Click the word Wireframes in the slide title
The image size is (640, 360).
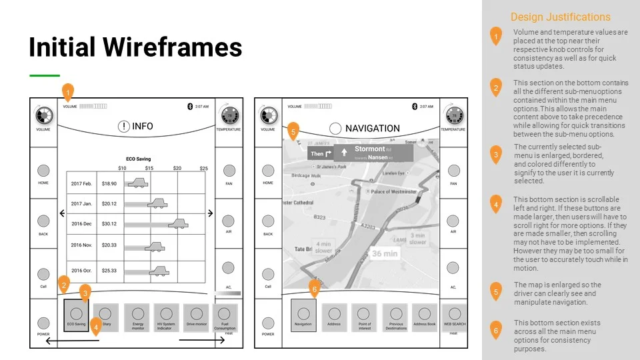pyautogui.click(x=177, y=47)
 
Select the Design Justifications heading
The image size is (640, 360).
pyautogui.click(x=560, y=17)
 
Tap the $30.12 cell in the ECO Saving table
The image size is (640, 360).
pyautogui.click(x=109, y=224)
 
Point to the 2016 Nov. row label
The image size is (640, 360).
pyautogui.click(x=82, y=245)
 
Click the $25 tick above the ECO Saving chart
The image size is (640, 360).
pyautogui.click(x=203, y=168)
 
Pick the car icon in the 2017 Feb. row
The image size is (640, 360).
pyautogui.click(x=138, y=183)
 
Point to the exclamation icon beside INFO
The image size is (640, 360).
pyautogui.click(x=123, y=127)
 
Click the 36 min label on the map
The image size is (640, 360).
pyautogui.click(x=384, y=254)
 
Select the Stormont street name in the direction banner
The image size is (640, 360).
pyautogui.click(x=369, y=149)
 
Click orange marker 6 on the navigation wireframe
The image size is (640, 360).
pyautogui.click(x=315, y=288)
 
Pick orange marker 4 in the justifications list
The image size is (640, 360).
pyautogui.click(x=495, y=204)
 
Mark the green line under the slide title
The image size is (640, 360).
pyautogui.click(x=45, y=76)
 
